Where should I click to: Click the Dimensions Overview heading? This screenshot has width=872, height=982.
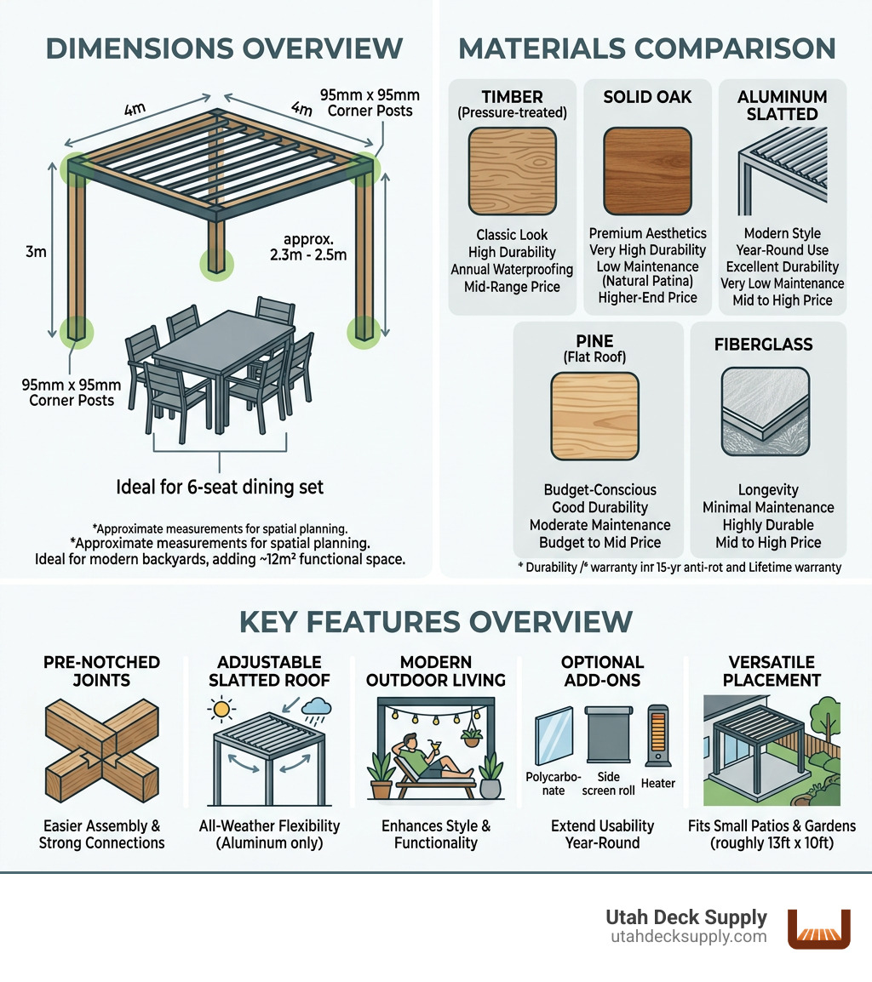click(x=223, y=48)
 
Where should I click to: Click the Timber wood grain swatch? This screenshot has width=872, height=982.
click(x=512, y=170)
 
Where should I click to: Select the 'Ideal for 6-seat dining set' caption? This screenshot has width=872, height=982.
click(x=220, y=488)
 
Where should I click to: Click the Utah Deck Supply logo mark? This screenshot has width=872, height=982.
click(x=818, y=928)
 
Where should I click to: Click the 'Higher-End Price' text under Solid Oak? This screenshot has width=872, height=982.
click(x=647, y=297)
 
